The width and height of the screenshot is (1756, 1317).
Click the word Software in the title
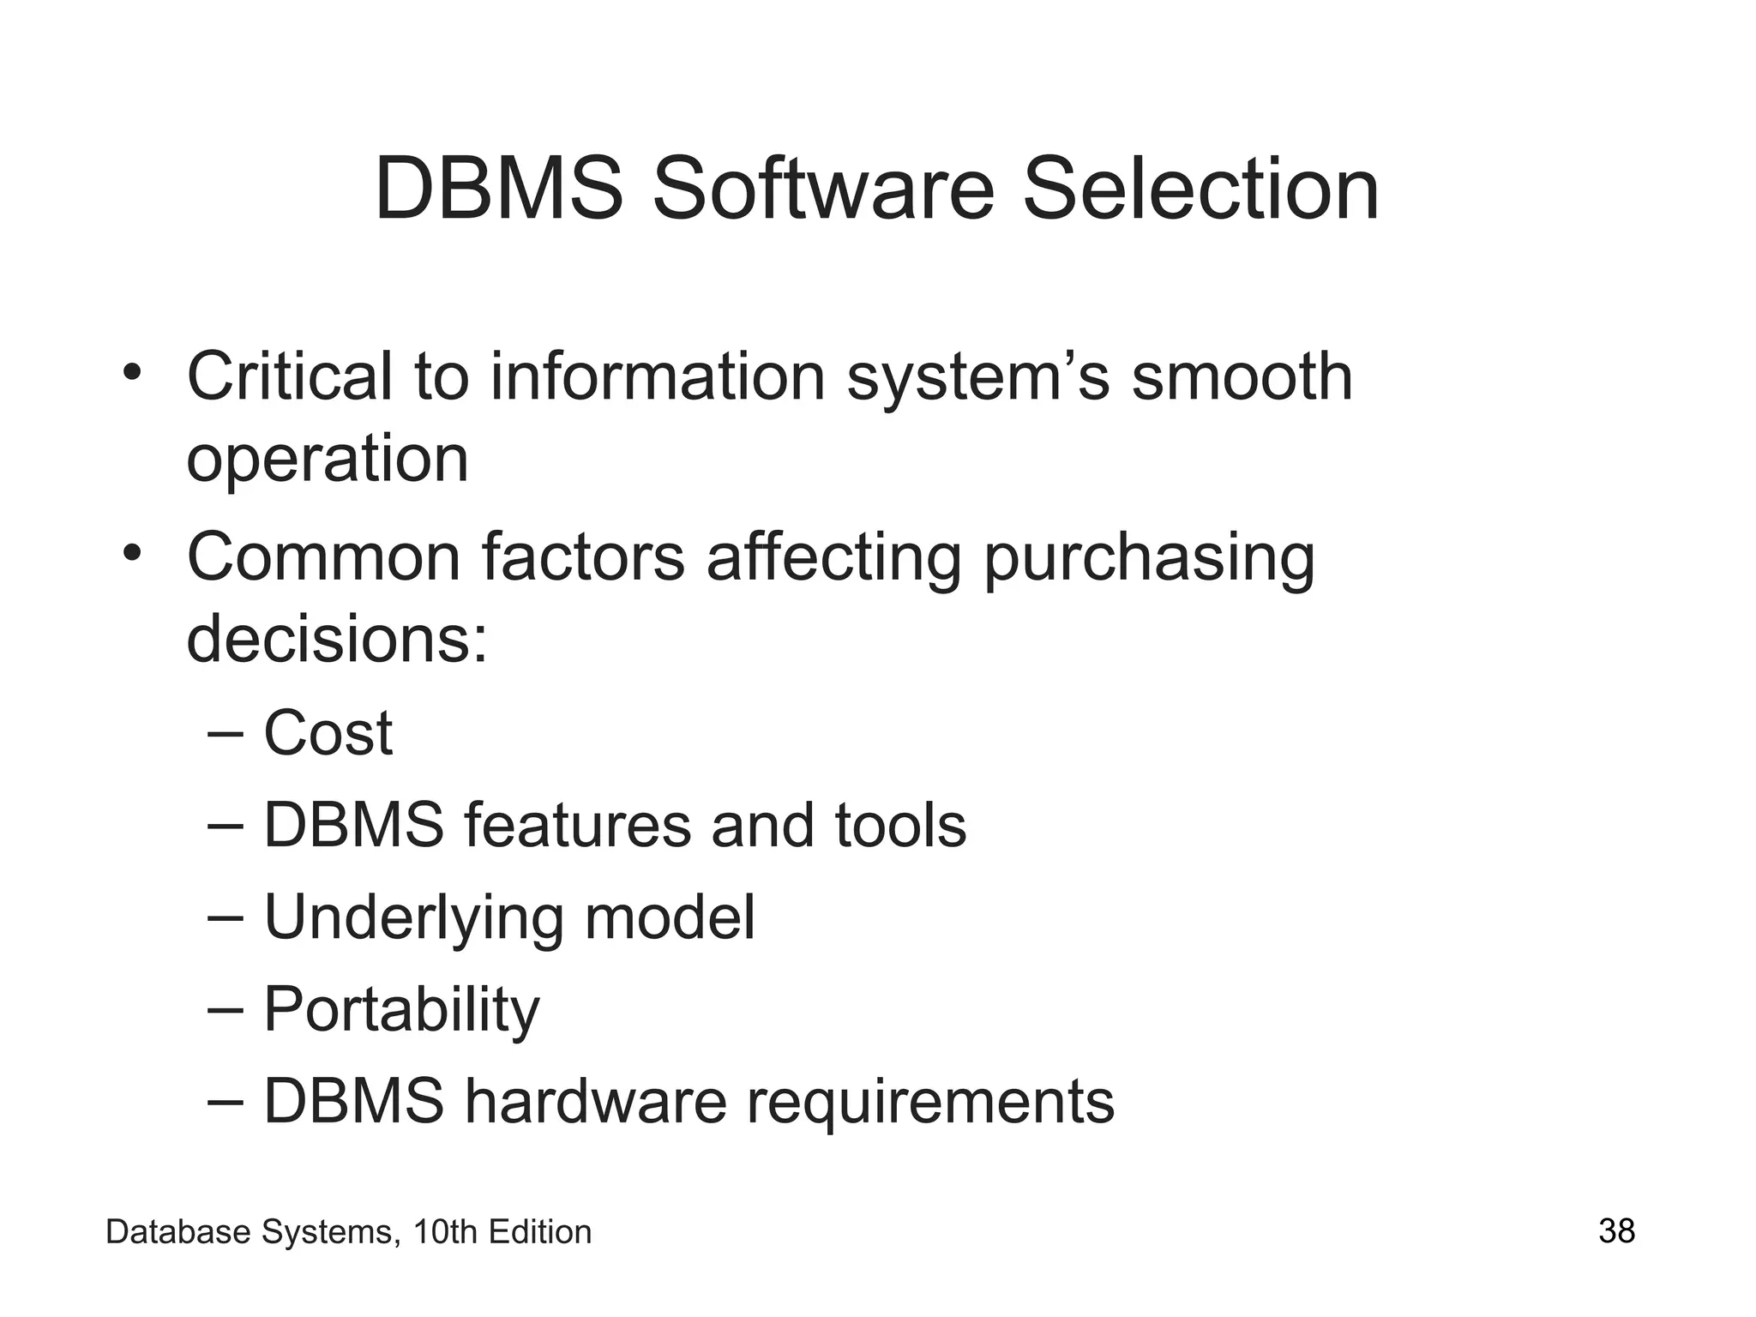pos(822,189)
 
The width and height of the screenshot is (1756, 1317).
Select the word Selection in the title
pos(1200,189)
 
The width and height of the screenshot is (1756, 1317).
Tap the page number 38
pos(1616,1231)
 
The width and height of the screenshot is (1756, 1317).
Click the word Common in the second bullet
pos(324,557)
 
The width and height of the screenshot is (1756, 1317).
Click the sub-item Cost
pos(328,734)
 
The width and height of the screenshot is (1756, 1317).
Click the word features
pos(578,826)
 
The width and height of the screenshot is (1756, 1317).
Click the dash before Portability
pos(226,1010)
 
